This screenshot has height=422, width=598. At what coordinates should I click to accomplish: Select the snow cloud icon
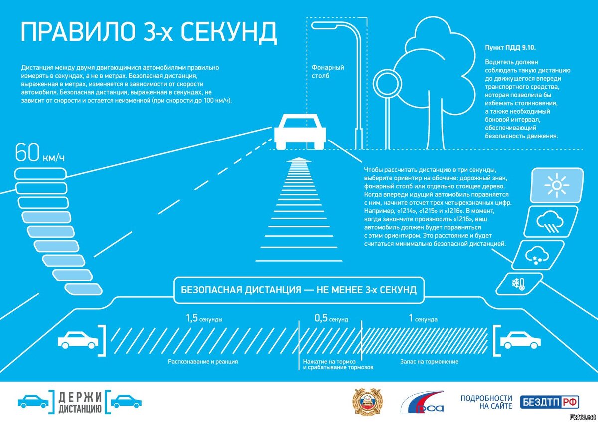pos(537,256)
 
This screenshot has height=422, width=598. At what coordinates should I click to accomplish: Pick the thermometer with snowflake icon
pos(518,284)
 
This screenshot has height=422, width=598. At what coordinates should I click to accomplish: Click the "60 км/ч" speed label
pos(40,153)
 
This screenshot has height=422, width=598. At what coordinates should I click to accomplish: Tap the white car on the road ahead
pos(300,131)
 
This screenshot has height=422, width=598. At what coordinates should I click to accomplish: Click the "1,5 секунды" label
pos(204,318)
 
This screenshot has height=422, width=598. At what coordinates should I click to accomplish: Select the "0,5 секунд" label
pos(331,318)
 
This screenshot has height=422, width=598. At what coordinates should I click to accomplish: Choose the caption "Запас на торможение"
pos(429,362)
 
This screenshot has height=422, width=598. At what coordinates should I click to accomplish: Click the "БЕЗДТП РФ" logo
pos(550,402)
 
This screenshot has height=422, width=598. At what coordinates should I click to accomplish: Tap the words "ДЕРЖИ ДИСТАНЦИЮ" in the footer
pos(80,403)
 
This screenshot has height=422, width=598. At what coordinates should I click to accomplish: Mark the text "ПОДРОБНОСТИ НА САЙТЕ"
pos(486,402)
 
